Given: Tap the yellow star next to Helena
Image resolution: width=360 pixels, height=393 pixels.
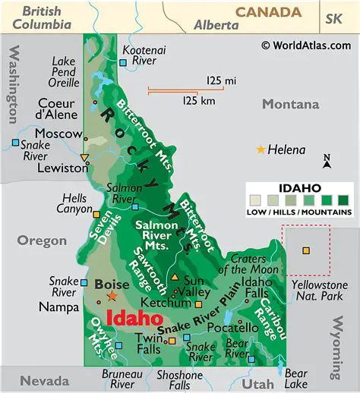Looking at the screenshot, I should pos(262,150).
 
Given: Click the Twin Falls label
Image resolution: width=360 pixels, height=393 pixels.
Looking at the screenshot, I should pos(149,343).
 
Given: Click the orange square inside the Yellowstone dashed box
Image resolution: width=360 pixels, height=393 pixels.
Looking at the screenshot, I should pos(306,250).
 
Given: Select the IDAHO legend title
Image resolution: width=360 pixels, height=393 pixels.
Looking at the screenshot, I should pos(300,187).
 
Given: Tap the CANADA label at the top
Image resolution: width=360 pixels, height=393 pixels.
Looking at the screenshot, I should pos(267,11).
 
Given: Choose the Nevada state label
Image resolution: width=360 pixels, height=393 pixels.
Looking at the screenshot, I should pos(44,380).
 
